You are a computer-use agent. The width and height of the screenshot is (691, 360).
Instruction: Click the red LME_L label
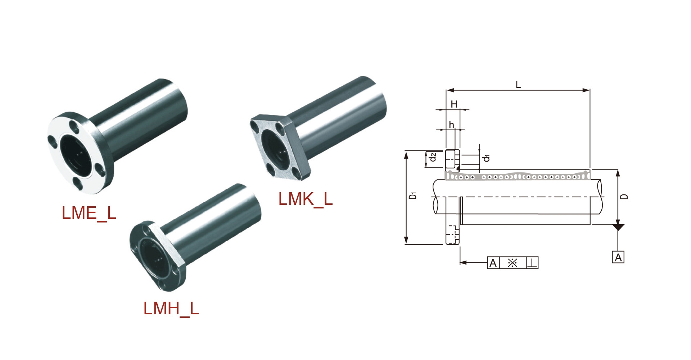tap(89, 213)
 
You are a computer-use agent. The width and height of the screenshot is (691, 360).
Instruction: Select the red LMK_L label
tap(305, 199)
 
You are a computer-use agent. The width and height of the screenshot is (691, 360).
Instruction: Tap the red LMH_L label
tap(171, 309)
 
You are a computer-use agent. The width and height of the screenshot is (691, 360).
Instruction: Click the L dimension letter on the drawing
tap(518, 85)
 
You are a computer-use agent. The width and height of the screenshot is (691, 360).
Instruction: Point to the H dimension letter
tap(454, 104)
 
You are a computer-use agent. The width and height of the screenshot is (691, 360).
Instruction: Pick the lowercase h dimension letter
tap(451, 125)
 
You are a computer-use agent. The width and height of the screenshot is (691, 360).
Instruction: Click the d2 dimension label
tap(433, 157)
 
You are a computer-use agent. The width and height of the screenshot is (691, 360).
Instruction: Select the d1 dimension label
tap(487, 158)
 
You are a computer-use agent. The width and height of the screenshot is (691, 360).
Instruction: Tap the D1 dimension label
tap(413, 195)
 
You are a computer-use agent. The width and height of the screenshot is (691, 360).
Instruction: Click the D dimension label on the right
tap(625, 197)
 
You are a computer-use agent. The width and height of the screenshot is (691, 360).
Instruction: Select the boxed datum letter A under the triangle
tap(618, 257)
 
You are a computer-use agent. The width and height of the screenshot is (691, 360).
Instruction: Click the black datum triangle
tap(618, 227)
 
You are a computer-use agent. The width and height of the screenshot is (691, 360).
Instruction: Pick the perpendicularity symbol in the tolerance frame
tap(532, 263)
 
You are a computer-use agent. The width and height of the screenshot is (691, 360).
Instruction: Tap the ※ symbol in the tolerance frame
tap(512, 263)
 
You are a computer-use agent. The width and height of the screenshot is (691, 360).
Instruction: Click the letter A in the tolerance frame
tap(493, 263)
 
